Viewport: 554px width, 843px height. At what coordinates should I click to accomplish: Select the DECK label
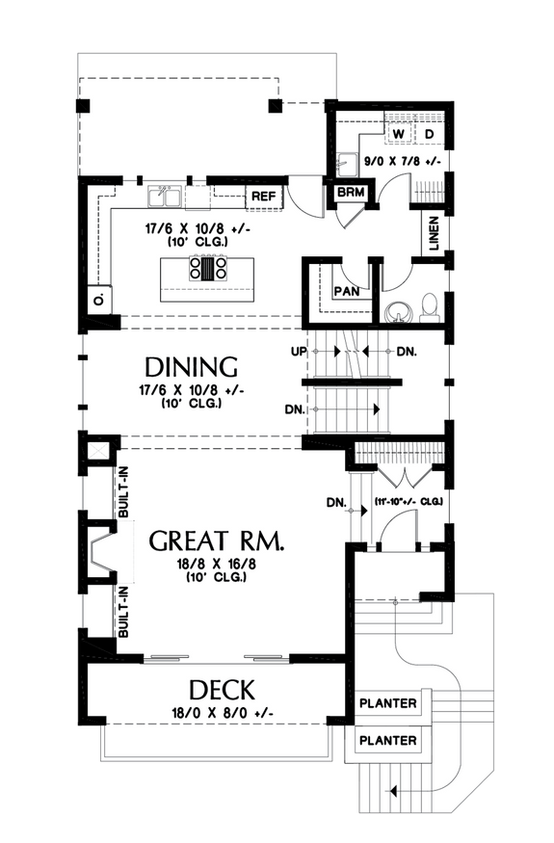tap(222, 690)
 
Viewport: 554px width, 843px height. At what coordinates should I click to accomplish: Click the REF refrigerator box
tap(263, 197)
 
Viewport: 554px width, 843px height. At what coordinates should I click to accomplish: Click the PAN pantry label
tap(347, 291)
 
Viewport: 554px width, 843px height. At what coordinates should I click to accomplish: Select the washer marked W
tap(397, 131)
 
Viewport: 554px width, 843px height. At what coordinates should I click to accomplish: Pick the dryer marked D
tap(430, 131)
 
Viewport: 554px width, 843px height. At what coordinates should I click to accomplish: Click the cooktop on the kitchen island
tap(208, 267)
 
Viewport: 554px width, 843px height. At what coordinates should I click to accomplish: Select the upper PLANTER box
tap(387, 703)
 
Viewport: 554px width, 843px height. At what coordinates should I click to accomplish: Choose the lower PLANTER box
tap(387, 740)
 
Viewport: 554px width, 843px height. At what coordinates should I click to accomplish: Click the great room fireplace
tap(99, 554)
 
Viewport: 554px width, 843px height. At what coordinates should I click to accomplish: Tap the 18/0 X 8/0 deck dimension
tap(222, 714)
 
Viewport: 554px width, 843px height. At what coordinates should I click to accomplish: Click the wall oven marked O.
tap(97, 300)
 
